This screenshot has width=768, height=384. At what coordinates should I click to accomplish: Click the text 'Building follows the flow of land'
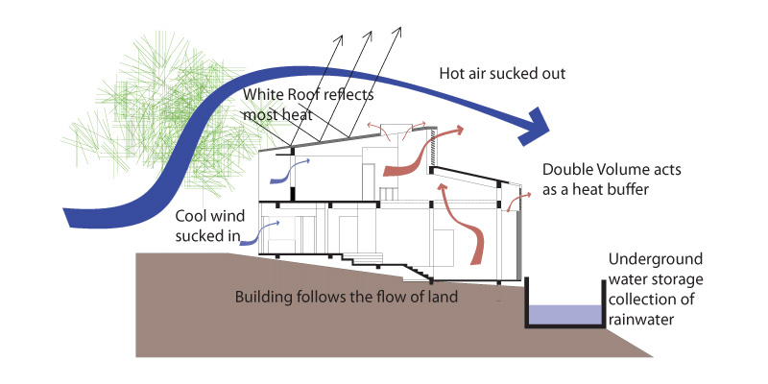[347, 296]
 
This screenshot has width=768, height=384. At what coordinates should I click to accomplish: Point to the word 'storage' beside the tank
[661, 279]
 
